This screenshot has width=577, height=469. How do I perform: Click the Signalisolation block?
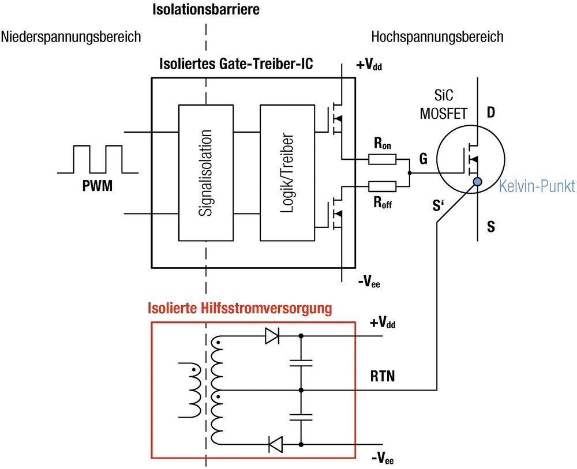205,172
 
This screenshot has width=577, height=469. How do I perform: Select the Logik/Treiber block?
286,172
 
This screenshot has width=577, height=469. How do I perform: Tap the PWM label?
98,187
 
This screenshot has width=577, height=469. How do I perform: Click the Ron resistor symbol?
382,160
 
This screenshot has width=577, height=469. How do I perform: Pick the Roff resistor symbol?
382,186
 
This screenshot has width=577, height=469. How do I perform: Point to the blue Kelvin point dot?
478,183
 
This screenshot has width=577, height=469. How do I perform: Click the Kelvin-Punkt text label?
536,187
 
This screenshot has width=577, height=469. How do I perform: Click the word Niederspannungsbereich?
71,37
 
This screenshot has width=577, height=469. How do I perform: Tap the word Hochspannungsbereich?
437,37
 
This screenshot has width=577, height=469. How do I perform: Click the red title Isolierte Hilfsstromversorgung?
240,309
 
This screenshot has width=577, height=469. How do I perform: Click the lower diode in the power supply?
275,444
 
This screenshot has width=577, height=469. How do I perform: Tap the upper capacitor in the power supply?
301,363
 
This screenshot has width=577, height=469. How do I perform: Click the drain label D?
491,112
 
